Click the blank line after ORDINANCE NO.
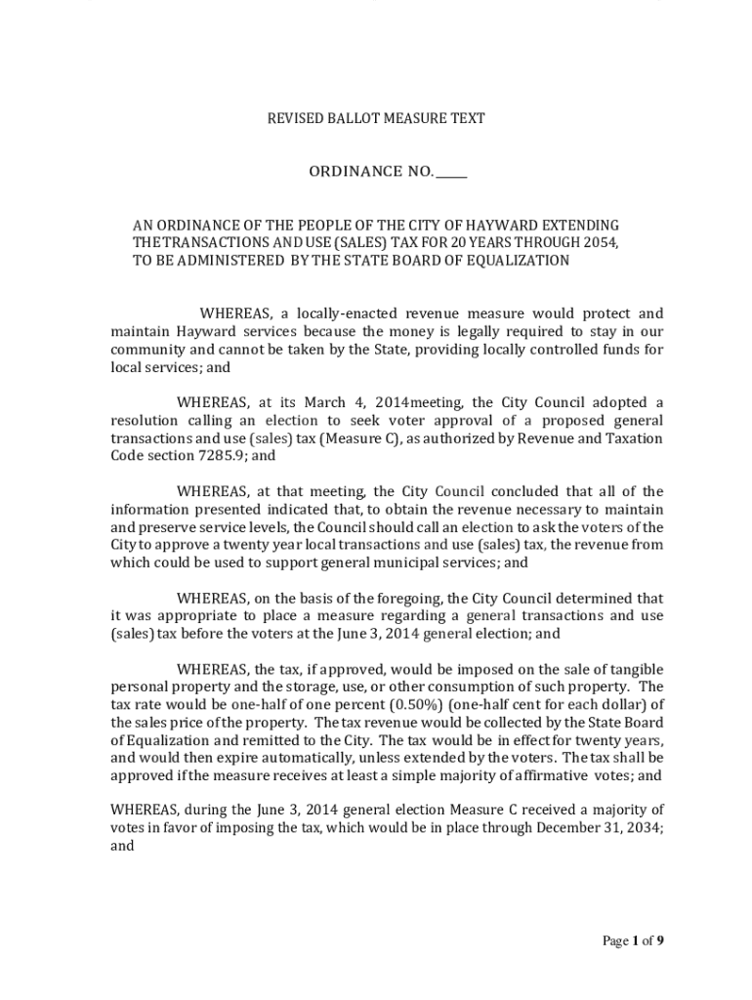click(451, 172)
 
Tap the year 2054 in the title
click(601, 243)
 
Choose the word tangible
click(635, 669)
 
